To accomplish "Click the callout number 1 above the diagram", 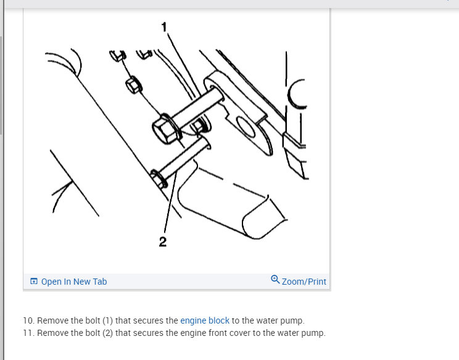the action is click(164, 27).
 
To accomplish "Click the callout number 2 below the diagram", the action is click(163, 241).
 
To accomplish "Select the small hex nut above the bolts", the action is click(134, 85).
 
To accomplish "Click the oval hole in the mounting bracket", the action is click(246, 127).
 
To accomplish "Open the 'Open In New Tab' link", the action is click(74, 282).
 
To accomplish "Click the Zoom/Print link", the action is click(304, 282).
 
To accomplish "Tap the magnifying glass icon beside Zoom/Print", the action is click(275, 280).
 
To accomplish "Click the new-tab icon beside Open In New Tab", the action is click(34, 281).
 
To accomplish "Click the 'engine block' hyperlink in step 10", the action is click(205, 320).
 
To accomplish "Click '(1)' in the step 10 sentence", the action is click(108, 320).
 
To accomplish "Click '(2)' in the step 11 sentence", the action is click(108, 333).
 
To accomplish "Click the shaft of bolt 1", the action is click(199, 108).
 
